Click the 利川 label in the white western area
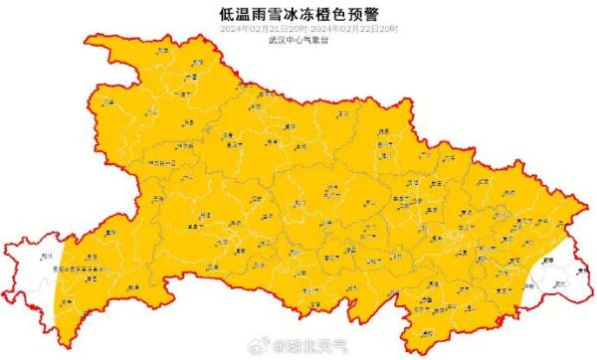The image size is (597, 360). tap(46, 256)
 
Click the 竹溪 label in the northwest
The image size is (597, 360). tap(111, 109)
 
